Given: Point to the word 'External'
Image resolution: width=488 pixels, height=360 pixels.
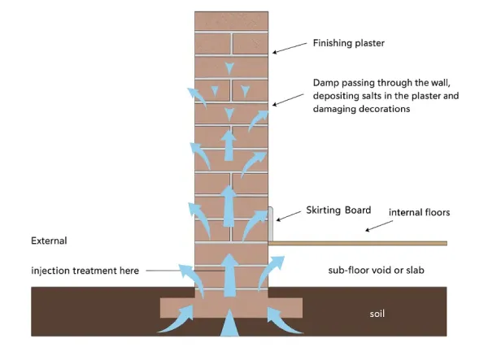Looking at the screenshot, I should point(49,241).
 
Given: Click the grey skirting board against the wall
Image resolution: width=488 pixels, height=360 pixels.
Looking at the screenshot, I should point(270,224).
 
